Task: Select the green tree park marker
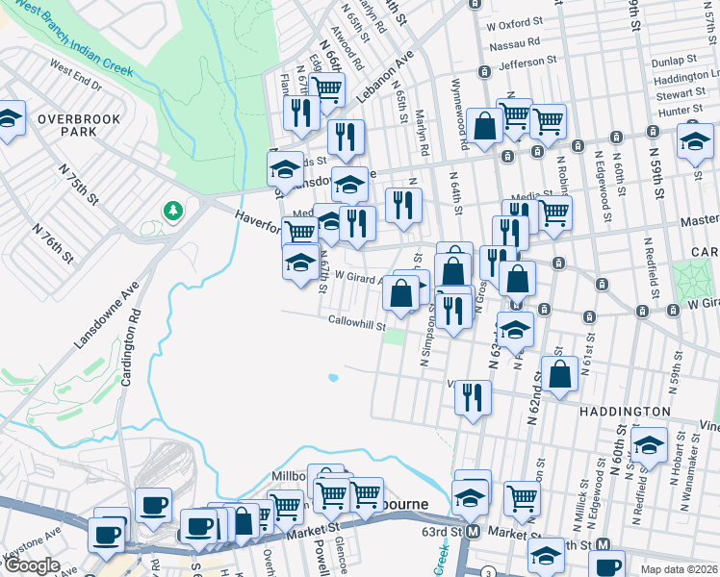[173, 210]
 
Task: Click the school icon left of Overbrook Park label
[10, 119]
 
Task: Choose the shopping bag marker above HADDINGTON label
[559, 374]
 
